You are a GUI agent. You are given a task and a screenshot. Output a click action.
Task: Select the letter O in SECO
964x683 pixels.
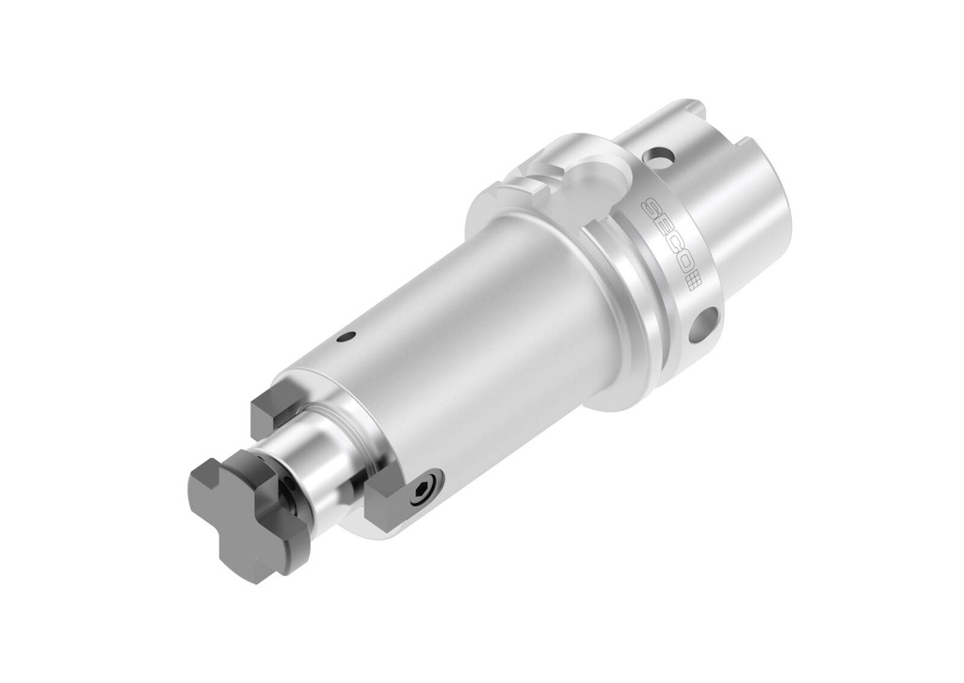(684, 263)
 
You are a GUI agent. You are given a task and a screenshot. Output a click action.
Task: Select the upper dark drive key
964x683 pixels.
(274, 409)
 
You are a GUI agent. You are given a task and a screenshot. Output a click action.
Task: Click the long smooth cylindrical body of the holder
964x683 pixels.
(471, 339)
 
